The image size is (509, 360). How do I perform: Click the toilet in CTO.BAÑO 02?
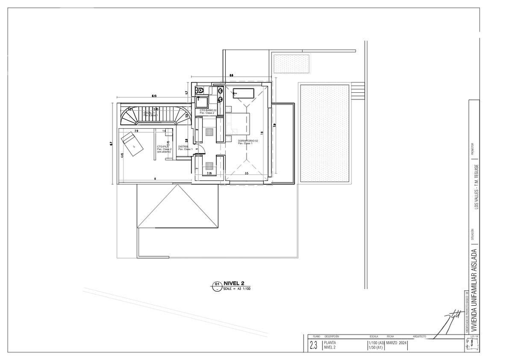coord(200,89)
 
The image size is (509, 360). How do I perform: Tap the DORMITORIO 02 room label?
coord(248,142)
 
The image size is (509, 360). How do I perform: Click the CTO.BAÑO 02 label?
coord(208,111)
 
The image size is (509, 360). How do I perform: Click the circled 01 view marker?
coord(217,284)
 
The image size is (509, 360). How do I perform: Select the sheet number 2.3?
coord(313,345)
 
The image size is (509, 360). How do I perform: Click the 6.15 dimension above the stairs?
coord(154,97)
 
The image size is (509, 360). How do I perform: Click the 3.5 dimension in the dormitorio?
coord(246,174)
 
